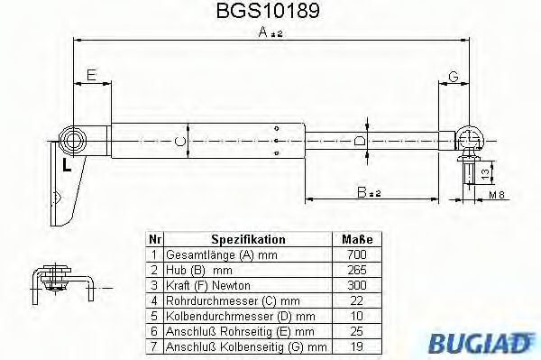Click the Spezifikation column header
248,240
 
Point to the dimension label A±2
270,32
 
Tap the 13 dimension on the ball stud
484,171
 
